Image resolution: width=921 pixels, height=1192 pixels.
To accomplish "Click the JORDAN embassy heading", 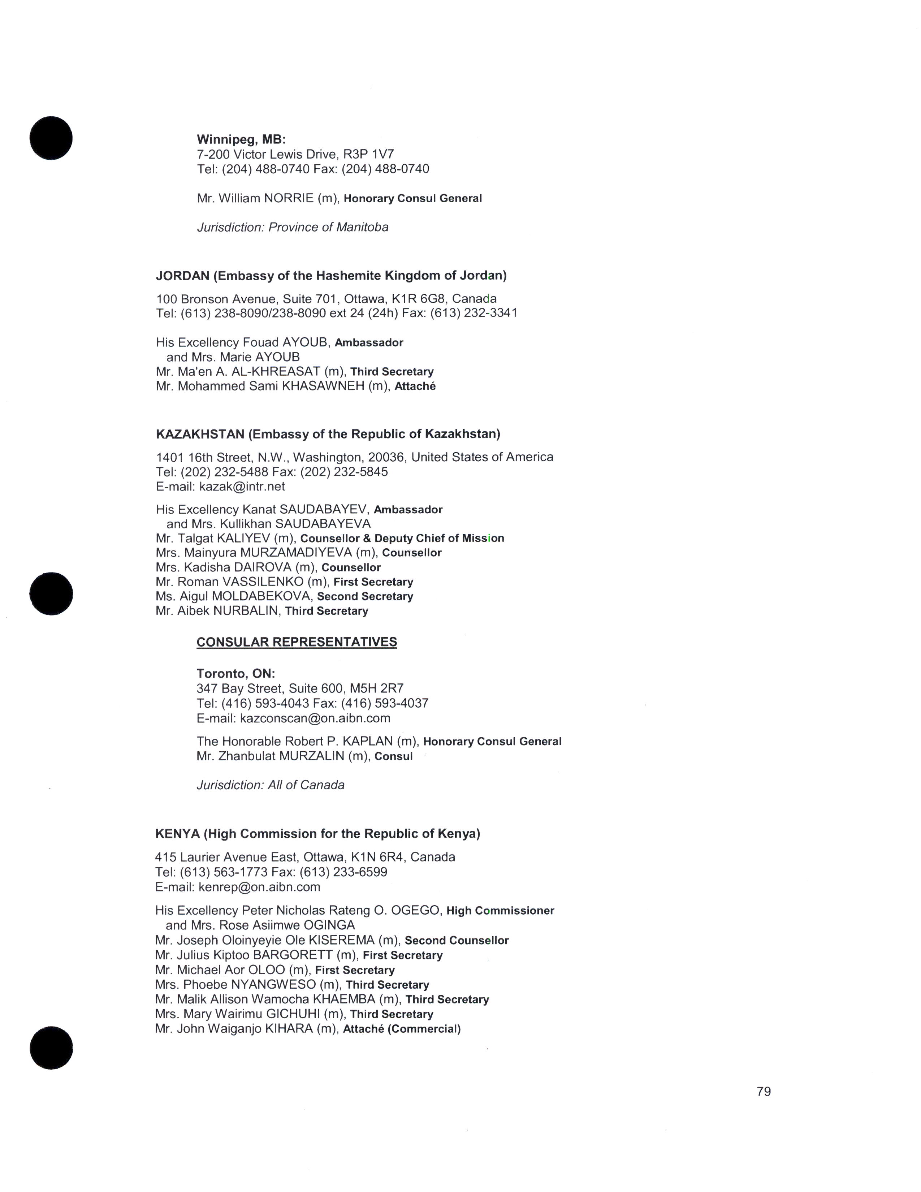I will coord(331,276).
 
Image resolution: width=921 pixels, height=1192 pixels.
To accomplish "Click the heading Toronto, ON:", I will coord(236,674).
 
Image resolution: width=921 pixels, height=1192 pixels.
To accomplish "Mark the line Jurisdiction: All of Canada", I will coord(270,785).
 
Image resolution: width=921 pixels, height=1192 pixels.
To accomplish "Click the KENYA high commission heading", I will coord(317,833).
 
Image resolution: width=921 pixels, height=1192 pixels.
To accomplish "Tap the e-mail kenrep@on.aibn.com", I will coord(259,887).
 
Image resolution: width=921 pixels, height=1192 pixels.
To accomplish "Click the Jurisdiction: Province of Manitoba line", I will coord(293,227).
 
